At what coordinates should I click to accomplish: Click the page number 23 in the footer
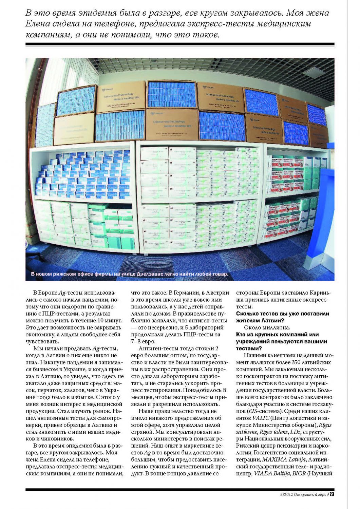[332, 494]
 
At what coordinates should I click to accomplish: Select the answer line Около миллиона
[267, 327]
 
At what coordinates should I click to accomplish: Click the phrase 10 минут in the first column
[109, 320]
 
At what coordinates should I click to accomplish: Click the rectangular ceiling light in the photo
[314, 72]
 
